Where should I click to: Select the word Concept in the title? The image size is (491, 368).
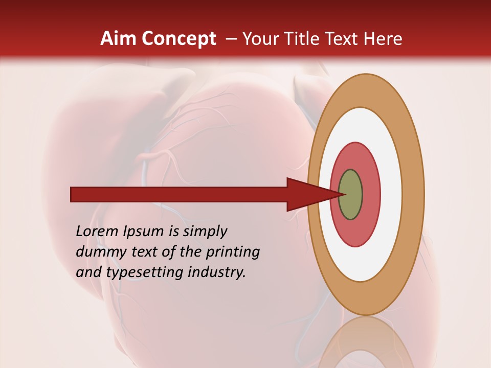tap(178, 39)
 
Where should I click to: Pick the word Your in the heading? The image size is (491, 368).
tap(261, 39)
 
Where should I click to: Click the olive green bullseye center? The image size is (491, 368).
tap(351, 195)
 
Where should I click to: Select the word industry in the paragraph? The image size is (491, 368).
tap(217, 272)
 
